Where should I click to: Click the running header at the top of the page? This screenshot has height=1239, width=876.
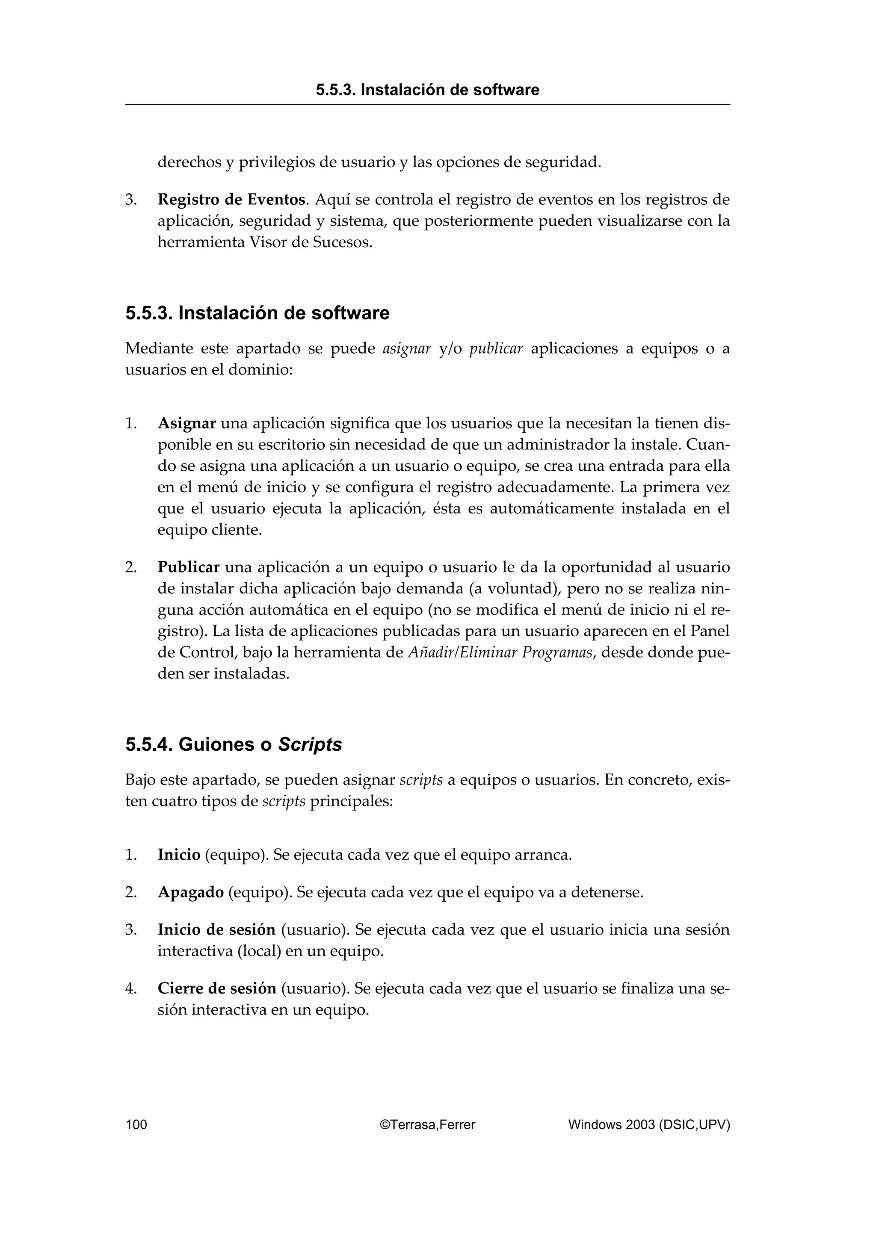(x=427, y=90)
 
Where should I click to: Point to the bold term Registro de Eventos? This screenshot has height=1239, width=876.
(x=231, y=200)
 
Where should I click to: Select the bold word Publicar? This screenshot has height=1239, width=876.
(x=188, y=568)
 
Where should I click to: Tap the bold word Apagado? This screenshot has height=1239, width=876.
(x=190, y=893)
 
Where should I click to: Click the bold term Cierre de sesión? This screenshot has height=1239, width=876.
(x=216, y=988)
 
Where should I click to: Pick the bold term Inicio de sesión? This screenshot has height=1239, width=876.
(x=216, y=930)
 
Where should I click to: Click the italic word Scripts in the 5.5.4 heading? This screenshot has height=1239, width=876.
(x=310, y=745)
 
